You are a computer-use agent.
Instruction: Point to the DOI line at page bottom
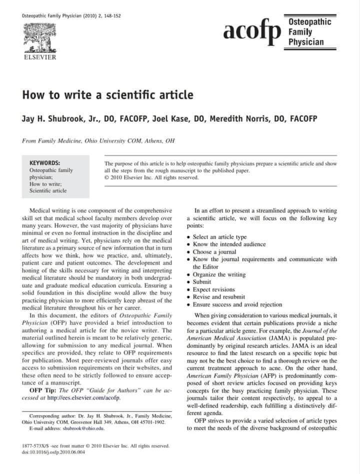[x=54, y=453]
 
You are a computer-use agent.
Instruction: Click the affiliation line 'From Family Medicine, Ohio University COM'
[x=98, y=141]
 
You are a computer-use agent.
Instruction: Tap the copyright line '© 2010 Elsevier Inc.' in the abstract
[x=151, y=177]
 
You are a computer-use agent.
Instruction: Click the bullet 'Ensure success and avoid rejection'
[x=237, y=304]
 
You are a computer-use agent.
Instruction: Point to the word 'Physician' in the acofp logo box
[x=305, y=41]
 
